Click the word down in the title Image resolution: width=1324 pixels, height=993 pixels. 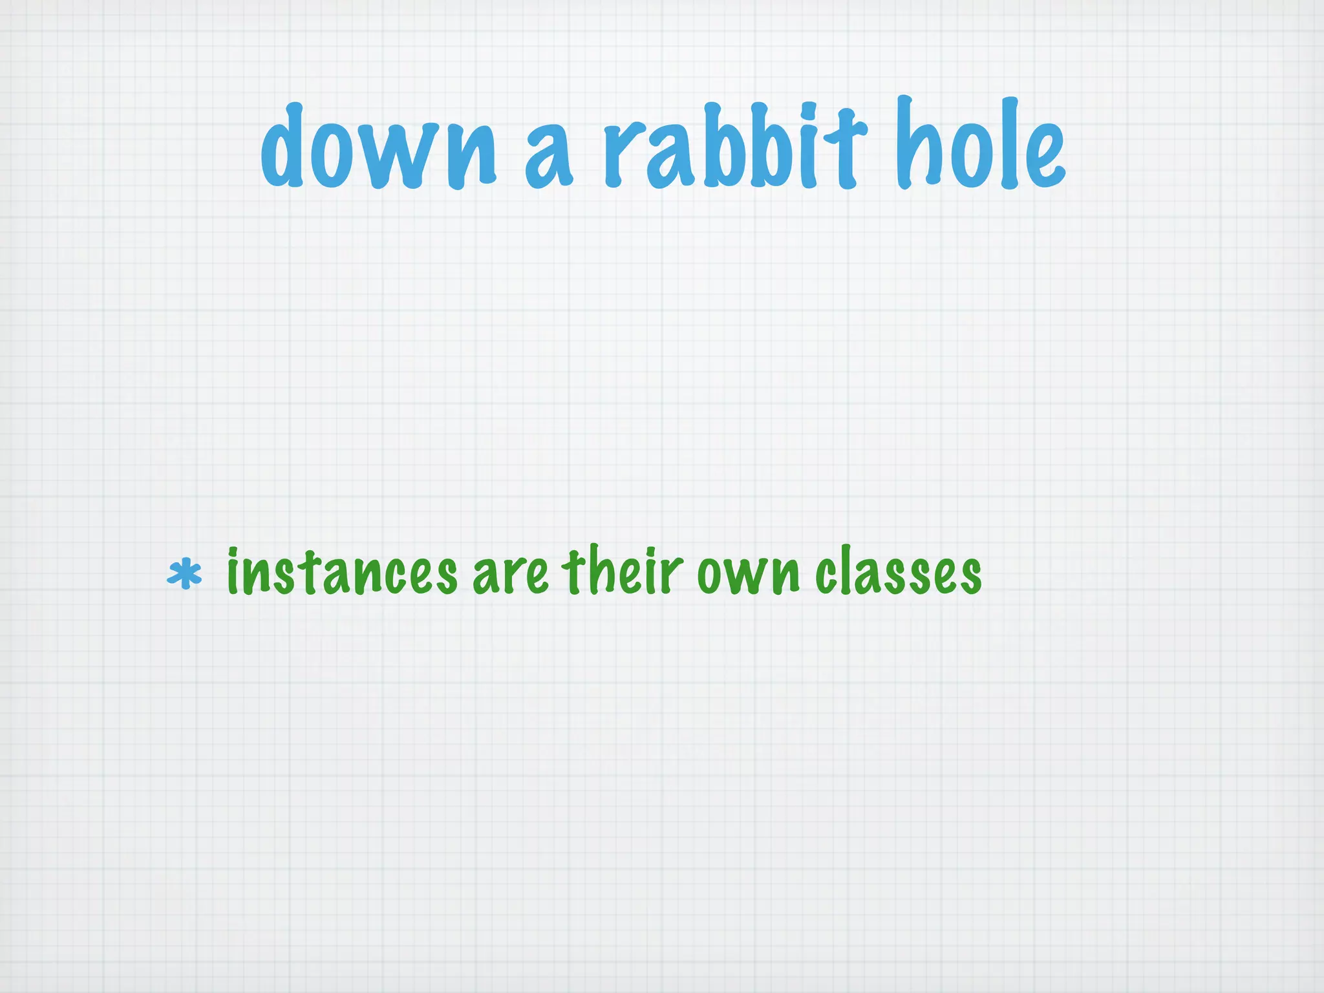(x=378, y=149)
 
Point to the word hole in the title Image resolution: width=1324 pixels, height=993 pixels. (x=979, y=145)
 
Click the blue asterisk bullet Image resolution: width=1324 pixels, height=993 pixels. (x=184, y=573)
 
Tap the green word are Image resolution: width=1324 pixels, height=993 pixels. (x=511, y=575)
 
